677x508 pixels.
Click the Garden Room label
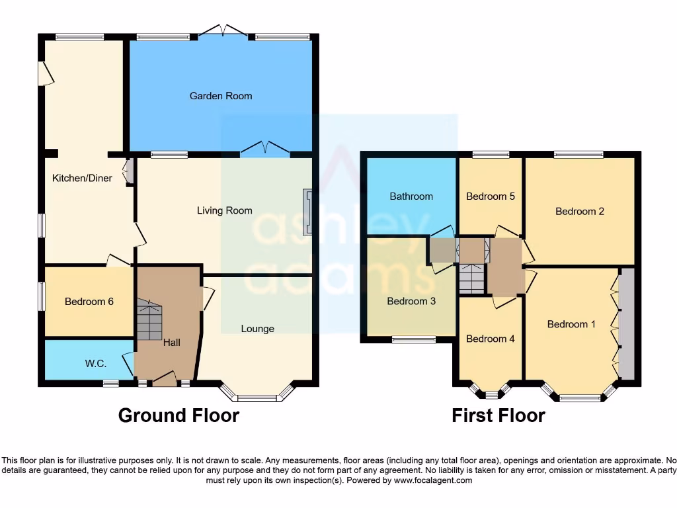[x=221, y=96]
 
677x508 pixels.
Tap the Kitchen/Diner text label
[x=83, y=178]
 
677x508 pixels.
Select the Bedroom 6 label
[x=89, y=302]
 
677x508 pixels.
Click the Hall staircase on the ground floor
[x=149, y=319]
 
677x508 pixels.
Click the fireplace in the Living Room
[x=307, y=212]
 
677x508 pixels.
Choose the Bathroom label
[x=411, y=196]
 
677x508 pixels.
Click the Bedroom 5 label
[x=491, y=196]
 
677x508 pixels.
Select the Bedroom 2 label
[x=580, y=212]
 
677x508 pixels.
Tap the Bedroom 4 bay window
[x=491, y=392]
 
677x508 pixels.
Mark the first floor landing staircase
[x=471, y=278]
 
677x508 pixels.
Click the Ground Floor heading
[x=179, y=415]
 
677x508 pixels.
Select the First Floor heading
[x=498, y=415]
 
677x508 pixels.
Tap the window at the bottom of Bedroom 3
[x=414, y=340]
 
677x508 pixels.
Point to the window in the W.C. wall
[x=110, y=382]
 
